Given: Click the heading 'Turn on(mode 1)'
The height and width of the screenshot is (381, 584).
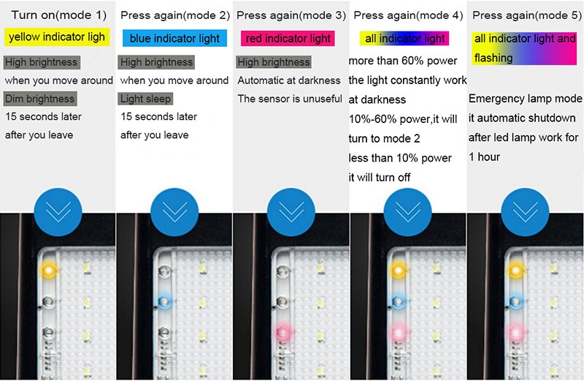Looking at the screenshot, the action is [x=59, y=15].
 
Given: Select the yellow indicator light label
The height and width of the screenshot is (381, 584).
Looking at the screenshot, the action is [x=57, y=37].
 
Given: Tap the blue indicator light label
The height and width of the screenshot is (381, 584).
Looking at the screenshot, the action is [x=174, y=38].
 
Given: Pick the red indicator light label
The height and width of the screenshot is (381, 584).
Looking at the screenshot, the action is [x=288, y=38].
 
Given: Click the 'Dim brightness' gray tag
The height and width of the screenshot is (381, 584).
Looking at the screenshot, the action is [x=40, y=99].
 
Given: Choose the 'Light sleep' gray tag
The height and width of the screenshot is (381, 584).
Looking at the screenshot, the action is [x=145, y=99].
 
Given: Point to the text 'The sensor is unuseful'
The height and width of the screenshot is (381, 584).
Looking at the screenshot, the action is [x=290, y=99].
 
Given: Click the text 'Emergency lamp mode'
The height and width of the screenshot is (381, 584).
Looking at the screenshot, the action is [x=525, y=99].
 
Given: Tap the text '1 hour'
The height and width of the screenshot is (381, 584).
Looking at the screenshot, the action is [x=484, y=156].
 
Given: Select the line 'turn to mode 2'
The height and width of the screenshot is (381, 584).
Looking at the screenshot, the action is [x=384, y=138].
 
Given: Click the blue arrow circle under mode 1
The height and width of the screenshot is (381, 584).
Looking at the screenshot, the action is [x=58, y=212].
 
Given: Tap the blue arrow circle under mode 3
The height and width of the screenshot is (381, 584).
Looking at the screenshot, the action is [x=291, y=212].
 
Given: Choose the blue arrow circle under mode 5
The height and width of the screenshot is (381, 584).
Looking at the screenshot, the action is [x=525, y=212].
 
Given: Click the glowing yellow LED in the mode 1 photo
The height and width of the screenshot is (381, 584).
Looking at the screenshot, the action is [x=48, y=270].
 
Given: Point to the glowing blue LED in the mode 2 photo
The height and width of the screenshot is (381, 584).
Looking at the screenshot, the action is [x=165, y=301].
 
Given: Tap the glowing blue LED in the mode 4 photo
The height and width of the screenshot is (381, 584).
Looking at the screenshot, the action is [x=399, y=301].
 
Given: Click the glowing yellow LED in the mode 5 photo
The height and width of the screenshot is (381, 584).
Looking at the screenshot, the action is [x=516, y=270].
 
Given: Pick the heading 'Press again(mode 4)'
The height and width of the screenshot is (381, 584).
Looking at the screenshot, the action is [x=408, y=15].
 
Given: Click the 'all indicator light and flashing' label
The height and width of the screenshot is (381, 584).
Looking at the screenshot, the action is [x=524, y=48].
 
